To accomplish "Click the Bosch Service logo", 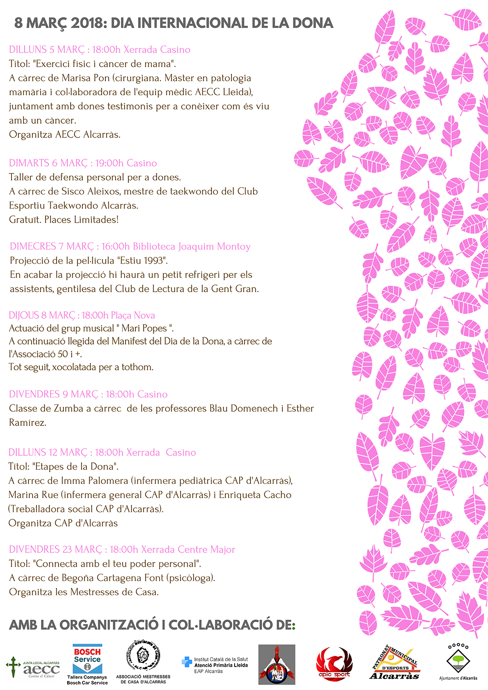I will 87,664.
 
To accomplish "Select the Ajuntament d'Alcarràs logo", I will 458,662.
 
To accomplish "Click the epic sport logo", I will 334,663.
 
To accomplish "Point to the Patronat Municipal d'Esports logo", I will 395,663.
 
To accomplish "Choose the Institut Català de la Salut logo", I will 215,665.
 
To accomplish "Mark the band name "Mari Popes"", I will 144,328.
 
